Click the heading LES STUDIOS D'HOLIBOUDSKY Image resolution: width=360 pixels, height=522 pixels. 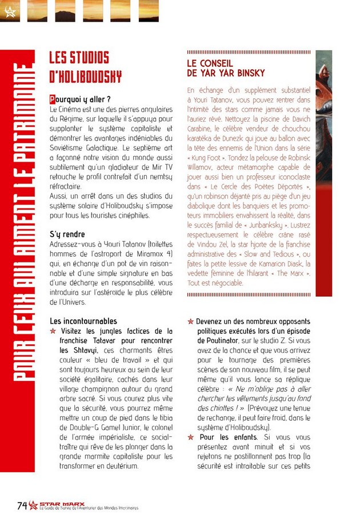tap(86, 67)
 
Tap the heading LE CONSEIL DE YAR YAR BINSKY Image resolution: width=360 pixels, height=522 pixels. tap(226, 68)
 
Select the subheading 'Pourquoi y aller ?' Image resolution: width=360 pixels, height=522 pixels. tap(80, 99)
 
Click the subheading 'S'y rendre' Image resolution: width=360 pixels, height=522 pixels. tap(67, 234)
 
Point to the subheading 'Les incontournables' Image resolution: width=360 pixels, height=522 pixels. tap(83, 321)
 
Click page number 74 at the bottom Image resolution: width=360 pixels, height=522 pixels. tap(22, 505)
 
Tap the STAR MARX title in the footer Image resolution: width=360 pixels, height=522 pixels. tap(62, 504)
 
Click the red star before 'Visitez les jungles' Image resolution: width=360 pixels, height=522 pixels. tap(53, 331)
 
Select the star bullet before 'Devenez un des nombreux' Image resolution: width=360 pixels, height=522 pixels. tap(191, 321)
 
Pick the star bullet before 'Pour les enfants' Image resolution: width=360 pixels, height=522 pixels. tap(191, 437)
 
